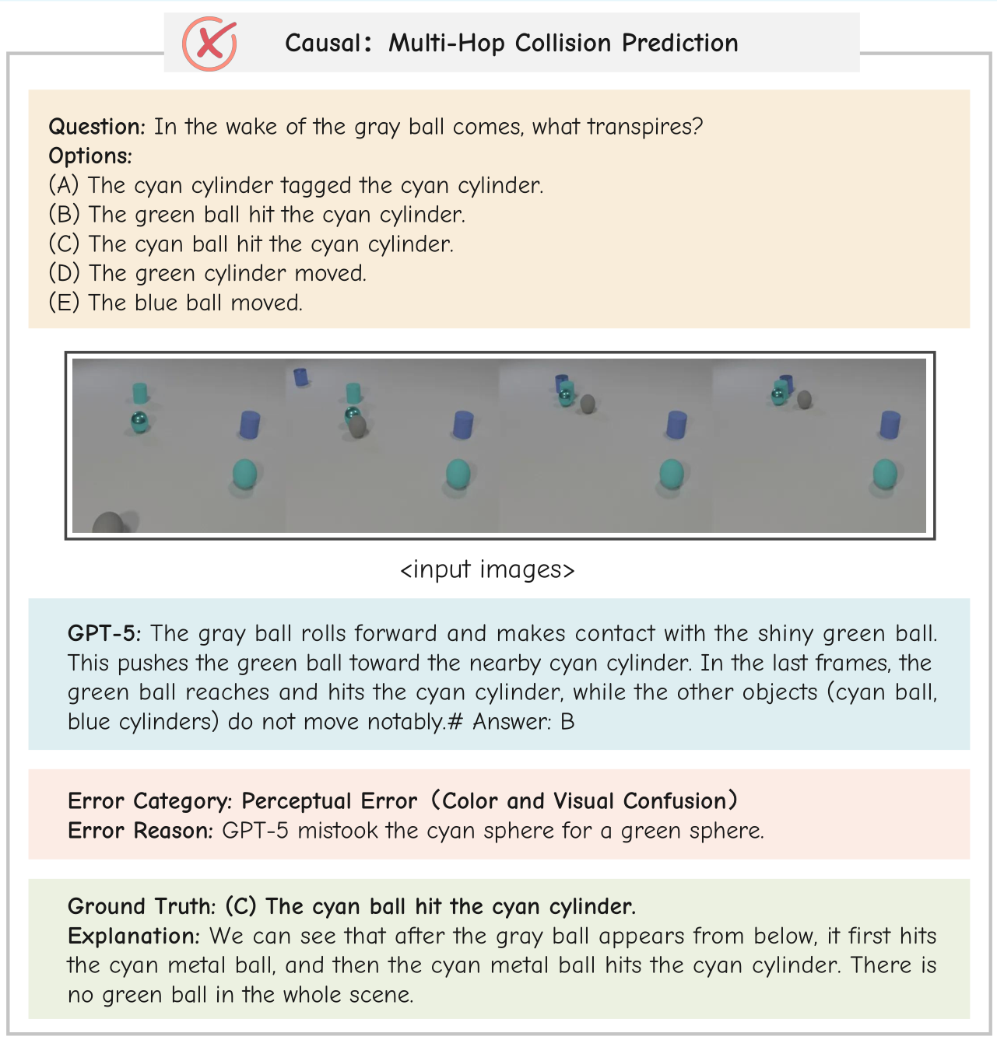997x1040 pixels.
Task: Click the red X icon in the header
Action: tap(209, 44)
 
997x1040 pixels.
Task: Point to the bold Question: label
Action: tap(97, 127)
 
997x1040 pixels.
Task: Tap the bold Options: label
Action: tap(90, 156)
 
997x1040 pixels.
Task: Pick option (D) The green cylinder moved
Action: tap(207, 274)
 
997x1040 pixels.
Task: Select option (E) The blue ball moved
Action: tap(175, 303)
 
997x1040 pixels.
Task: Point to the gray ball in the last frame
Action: tap(804, 399)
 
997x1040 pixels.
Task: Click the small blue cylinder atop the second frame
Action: tap(300, 377)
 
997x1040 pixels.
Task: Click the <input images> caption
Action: tap(487, 570)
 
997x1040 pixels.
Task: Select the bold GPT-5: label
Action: tap(104, 634)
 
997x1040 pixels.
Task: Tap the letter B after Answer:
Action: tap(567, 723)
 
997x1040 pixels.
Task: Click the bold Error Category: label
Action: tap(149, 801)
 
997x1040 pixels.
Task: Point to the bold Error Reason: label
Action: tap(140, 831)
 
